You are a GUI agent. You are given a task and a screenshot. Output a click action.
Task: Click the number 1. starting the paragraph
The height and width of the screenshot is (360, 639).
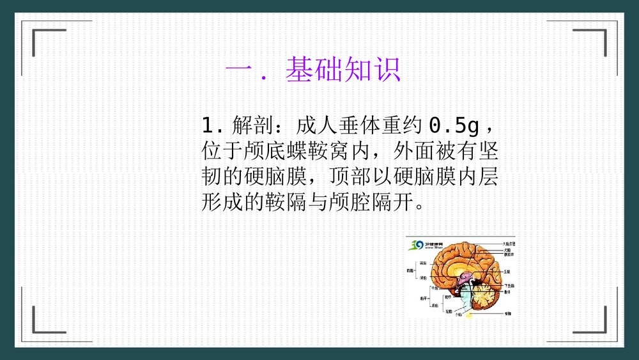pyautogui.click(x=212, y=124)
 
